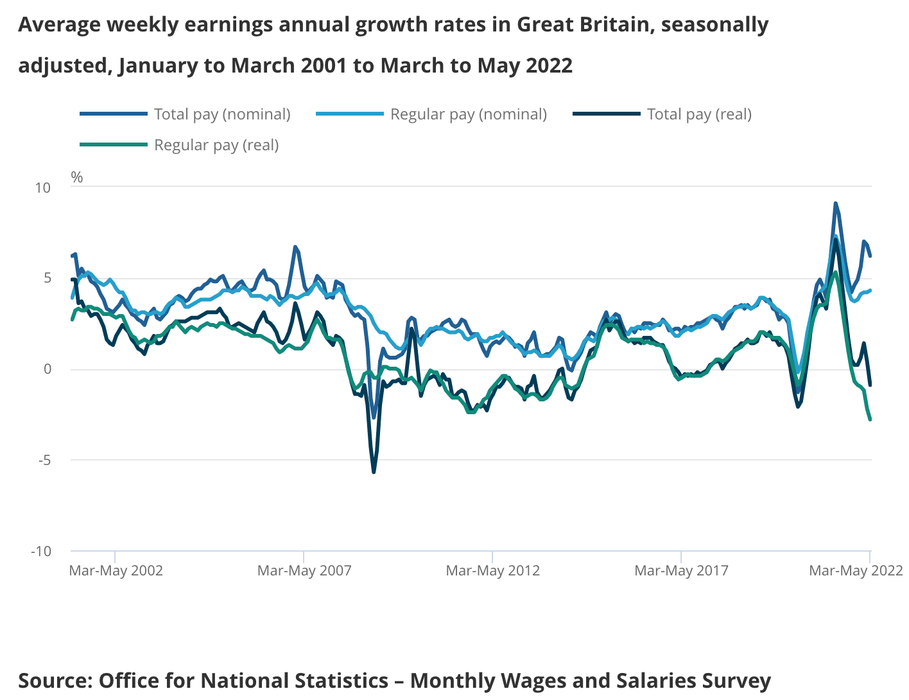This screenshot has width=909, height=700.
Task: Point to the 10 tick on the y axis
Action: coord(43,188)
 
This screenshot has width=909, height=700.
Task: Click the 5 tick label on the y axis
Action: coord(48,278)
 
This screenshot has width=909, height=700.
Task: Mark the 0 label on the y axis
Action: coord(48,369)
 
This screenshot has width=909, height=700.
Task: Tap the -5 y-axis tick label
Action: coord(44,460)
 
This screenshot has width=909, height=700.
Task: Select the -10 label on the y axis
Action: coord(42,551)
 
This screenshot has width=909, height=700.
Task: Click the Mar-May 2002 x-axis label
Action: coord(116,570)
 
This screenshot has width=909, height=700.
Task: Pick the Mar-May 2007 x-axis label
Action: coord(304,570)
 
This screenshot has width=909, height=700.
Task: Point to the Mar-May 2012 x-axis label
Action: coord(493,570)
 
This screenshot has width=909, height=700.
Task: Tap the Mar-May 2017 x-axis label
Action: coord(682,570)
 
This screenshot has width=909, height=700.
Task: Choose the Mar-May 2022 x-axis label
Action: coord(856,570)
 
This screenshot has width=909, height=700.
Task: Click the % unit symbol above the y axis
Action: coord(77,177)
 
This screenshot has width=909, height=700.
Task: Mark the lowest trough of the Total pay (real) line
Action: coord(374,472)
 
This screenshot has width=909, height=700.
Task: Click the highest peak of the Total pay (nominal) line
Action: coord(835,204)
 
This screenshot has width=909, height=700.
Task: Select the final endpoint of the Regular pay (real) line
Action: coord(870,419)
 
